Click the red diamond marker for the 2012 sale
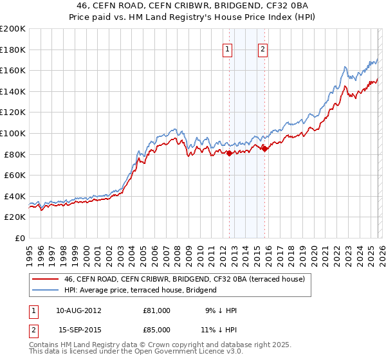pos(229,154)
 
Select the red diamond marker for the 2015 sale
pos(264,149)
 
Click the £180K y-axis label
pos(13,50)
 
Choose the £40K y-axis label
pos(15,196)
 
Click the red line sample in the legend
pos(46,279)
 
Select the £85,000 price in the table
pos(156,329)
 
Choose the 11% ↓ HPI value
pos(221,329)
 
